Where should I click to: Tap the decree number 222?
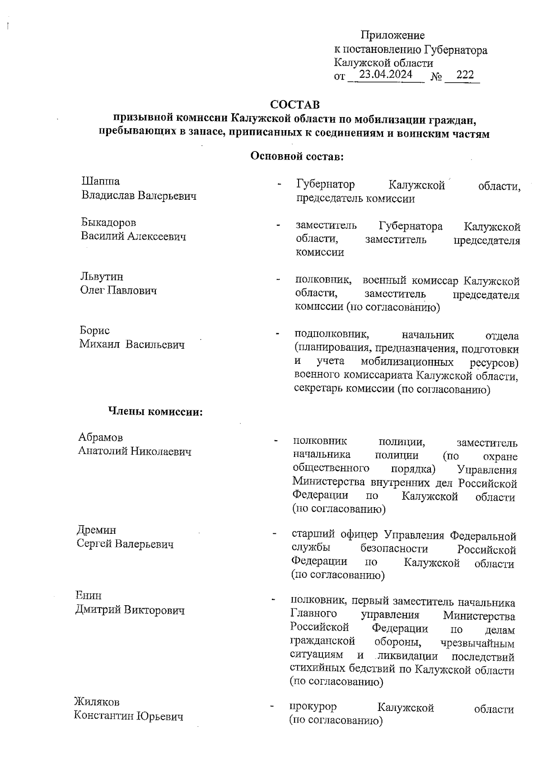465,75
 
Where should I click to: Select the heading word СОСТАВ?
294,105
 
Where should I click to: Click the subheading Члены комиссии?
155,412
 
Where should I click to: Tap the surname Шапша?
100,182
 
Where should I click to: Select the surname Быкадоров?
108,222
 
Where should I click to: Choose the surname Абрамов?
100,437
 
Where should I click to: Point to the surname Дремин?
96,530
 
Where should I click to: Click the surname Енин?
89,596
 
